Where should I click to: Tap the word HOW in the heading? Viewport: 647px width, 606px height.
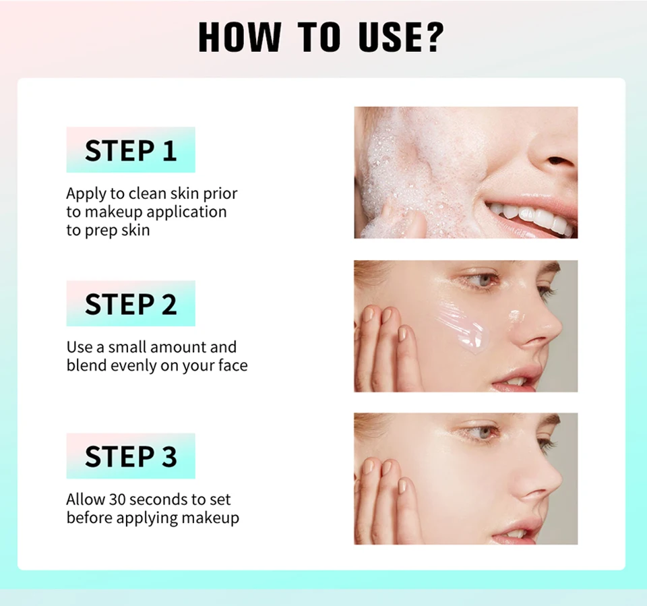click(240, 37)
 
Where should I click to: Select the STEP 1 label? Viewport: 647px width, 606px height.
click(131, 150)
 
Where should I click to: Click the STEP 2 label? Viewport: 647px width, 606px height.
click(131, 304)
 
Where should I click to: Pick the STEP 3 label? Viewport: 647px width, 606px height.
click(131, 456)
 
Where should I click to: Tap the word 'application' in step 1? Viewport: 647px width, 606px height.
click(187, 212)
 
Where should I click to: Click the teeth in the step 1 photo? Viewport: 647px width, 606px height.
click(532, 218)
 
